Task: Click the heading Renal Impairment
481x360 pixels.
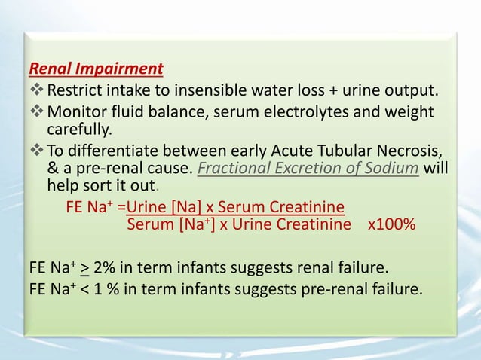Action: tap(96, 70)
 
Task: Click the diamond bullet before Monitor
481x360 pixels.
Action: tap(36, 112)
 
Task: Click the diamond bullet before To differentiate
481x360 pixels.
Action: tap(36, 149)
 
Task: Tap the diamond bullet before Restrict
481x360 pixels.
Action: tap(36, 92)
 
